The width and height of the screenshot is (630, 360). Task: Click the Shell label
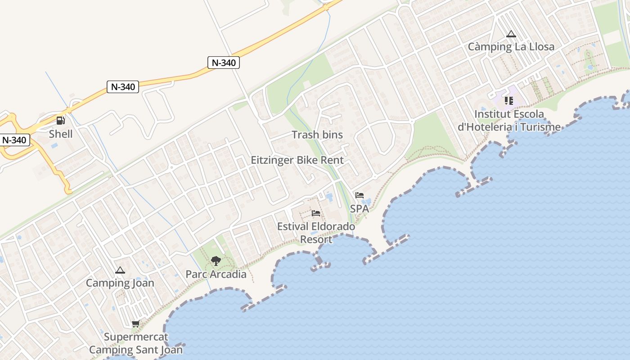click(61, 134)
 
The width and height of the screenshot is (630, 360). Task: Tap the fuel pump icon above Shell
click(60, 120)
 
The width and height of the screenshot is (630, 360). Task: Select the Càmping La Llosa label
click(511, 47)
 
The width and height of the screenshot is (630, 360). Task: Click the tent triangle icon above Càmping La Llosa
click(511, 34)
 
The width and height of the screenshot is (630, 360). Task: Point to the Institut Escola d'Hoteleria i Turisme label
click(509, 121)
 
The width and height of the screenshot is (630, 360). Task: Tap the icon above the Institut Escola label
click(509, 101)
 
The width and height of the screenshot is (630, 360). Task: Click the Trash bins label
click(317, 135)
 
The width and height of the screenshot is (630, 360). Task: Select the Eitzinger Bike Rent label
click(297, 160)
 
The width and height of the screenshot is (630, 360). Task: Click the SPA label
click(359, 208)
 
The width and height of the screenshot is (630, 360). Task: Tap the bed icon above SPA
click(359, 195)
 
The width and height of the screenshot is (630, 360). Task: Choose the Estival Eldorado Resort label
click(316, 233)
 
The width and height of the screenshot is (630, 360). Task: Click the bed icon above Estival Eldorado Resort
click(316, 213)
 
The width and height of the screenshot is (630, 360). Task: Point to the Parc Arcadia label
click(216, 274)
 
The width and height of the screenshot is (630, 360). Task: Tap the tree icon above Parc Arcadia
click(216, 261)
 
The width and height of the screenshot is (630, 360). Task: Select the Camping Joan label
click(120, 283)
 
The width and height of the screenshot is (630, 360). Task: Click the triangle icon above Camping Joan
click(120, 270)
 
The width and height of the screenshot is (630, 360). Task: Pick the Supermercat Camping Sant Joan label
click(136, 343)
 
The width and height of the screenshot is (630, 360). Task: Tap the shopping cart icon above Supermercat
click(135, 324)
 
